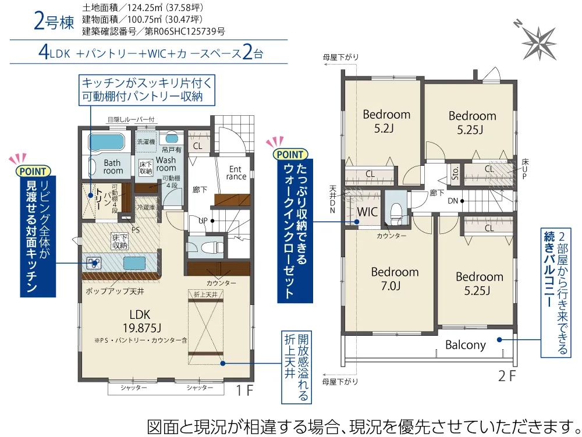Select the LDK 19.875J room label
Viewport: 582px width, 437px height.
pos(140,321)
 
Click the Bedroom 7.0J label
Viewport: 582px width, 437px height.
pos(395,279)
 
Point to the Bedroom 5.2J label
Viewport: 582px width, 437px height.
pos(386,121)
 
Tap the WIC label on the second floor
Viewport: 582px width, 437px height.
pos(367,212)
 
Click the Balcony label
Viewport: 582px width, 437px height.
pos(466,345)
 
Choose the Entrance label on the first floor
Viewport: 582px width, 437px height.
pos(236,173)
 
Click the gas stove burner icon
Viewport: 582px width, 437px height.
pos(93,263)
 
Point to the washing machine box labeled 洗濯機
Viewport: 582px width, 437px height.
pos(146,142)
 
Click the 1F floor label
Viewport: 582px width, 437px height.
pos(244,390)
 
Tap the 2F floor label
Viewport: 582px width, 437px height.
pos(507,376)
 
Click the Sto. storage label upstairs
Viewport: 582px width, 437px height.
pos(456,173)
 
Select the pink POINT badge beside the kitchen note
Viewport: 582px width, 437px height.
pos(33,172)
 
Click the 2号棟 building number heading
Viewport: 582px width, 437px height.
pos(54,21)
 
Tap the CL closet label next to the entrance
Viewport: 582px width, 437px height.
pos(197,146)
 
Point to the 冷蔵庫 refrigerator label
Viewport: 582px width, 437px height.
pos(146,207)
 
